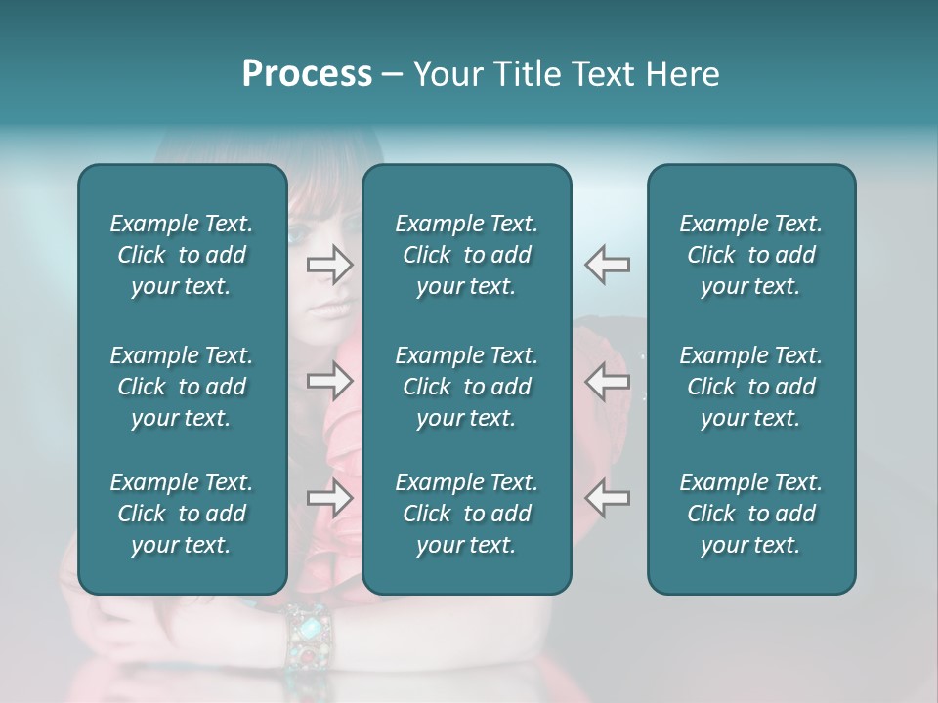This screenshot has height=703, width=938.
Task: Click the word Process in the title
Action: pos(307,74)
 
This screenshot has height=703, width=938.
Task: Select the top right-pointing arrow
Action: pos(329,265)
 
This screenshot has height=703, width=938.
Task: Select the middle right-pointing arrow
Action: pos(329,381)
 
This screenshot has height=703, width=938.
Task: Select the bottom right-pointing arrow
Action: pos(329,498)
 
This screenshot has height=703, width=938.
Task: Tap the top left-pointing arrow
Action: pos(608,265)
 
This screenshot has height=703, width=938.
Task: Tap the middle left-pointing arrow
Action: pos(608,381)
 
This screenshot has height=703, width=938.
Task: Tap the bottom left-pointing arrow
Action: pos(608,498)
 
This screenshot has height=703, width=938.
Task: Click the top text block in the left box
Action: pos(182,255)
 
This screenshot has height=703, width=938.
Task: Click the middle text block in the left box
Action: pos(182,387)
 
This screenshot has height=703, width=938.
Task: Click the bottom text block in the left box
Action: pos(182,514)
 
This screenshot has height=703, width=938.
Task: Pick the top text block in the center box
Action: pos(466,255)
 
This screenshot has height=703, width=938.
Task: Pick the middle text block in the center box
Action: pos(466,387)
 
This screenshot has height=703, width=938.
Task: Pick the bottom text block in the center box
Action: pos(466,514)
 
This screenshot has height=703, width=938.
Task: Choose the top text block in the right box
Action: pos(750,255)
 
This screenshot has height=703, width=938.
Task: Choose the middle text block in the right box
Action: pos(750,387)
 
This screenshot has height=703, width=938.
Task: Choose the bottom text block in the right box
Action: pos(750,514)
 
